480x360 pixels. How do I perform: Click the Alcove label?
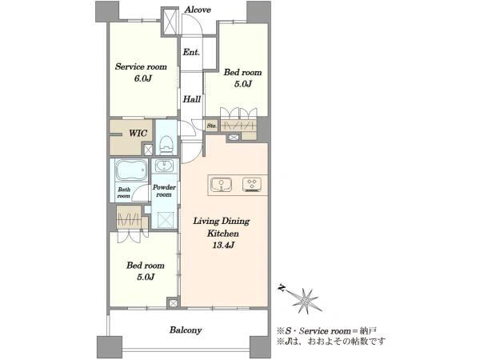[198, 10]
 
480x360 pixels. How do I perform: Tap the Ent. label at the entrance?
[191, 52]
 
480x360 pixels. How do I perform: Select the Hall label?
[192, 99]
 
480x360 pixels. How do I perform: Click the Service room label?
[141, 66]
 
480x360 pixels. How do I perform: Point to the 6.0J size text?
[142, 78]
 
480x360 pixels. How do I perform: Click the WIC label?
[138, 133]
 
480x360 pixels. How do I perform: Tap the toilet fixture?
[166, 144]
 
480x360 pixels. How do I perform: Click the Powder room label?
[164, 190]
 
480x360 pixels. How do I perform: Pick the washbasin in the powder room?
[165, 166]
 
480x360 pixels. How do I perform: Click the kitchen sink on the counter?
[221, 185]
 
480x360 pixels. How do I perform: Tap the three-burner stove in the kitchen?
[252, 185]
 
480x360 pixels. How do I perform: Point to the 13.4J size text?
[223, 245]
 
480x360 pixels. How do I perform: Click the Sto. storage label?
[211, 126]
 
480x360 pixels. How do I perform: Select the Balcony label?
[186, 330]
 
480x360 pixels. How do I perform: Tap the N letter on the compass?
[282, 288]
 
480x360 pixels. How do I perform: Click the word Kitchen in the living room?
[223, 234]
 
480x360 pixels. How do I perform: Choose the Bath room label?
[124, 193]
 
